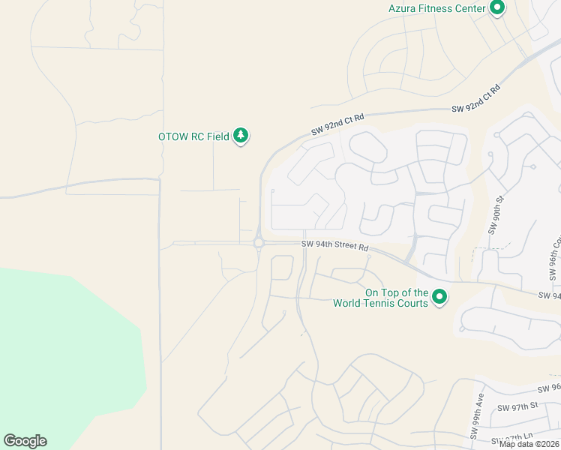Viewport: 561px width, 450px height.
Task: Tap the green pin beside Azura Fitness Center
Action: [496, 8]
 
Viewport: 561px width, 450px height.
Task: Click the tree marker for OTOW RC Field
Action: [241, 136]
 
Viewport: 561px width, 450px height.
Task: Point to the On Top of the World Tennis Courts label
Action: [396, 298]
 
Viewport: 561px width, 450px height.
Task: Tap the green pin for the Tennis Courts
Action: [440, 298]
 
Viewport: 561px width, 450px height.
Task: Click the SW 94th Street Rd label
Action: [335, 245]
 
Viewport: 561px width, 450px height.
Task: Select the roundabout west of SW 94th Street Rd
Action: [259, 243]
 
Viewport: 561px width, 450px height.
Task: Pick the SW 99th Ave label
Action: [475, 424]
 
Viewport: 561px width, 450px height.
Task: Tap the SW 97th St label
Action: [518, 406]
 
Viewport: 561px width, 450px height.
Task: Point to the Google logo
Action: [25, 441]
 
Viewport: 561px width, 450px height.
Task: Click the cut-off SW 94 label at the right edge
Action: [550, 295]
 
